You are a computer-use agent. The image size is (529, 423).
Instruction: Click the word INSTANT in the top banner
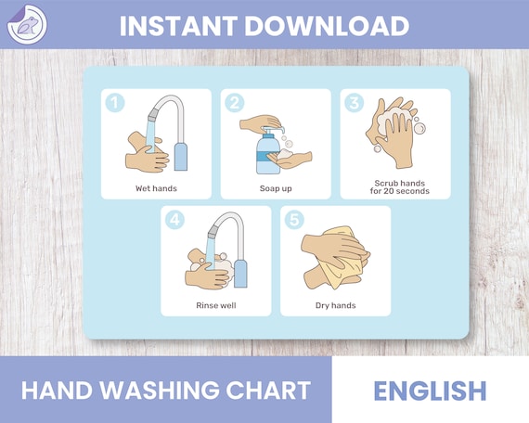pyautogui.click(x=181, y=25)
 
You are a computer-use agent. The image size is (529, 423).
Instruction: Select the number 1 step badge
pyautogui.click(x=114, y=103)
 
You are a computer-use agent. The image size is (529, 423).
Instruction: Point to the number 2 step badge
pyautogui.click(x=234, y=103)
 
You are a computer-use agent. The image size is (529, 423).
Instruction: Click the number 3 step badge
pyautogui.click(x=354, y=103)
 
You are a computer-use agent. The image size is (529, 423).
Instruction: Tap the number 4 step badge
pyautogui.click(x=174, y=221)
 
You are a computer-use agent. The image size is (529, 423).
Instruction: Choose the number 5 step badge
pyautogui.click(x=293, y=221)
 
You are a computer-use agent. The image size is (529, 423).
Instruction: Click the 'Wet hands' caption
pyautogui.click(x=156, y=188)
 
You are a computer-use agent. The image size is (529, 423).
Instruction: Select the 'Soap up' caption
pyautogui.click(x=276, y=188)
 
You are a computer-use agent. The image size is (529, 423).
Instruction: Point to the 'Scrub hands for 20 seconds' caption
pyautogui.click(x=395, y=187)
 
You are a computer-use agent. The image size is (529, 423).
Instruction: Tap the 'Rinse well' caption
pyautogui.click(x=215, y=305)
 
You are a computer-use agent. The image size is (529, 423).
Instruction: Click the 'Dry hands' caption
pyautogui.click(x=335, y=305)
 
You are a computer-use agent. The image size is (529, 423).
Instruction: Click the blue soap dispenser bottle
pyautogui.click(x=263, y=151)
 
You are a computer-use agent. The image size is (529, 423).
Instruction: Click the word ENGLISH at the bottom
pyautogui.click(x=430, y=391)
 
